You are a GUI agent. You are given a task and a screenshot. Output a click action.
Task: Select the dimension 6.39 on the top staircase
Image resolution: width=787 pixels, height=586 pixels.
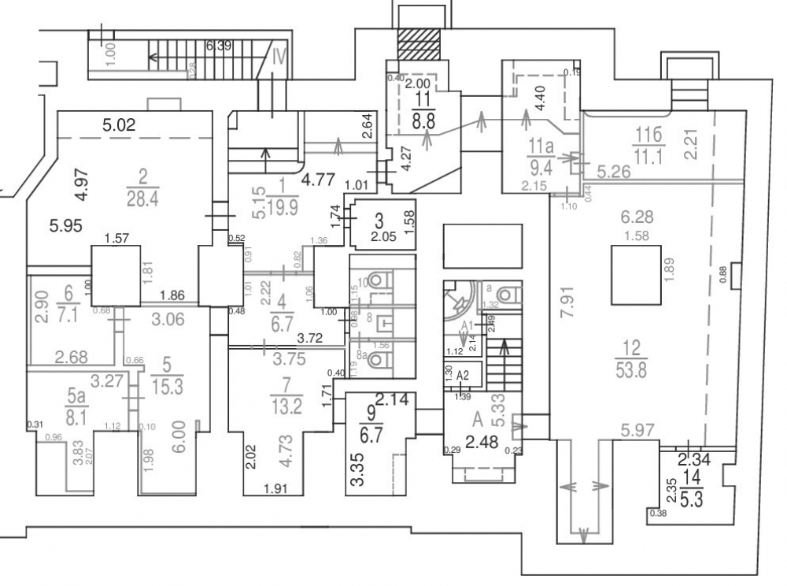[x=218, y=46]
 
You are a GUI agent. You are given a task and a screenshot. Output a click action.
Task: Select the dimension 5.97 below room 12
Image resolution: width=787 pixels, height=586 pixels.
[x=639, y=430]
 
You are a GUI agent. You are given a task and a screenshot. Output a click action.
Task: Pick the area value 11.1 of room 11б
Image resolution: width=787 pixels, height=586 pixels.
[x=648, y=157]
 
